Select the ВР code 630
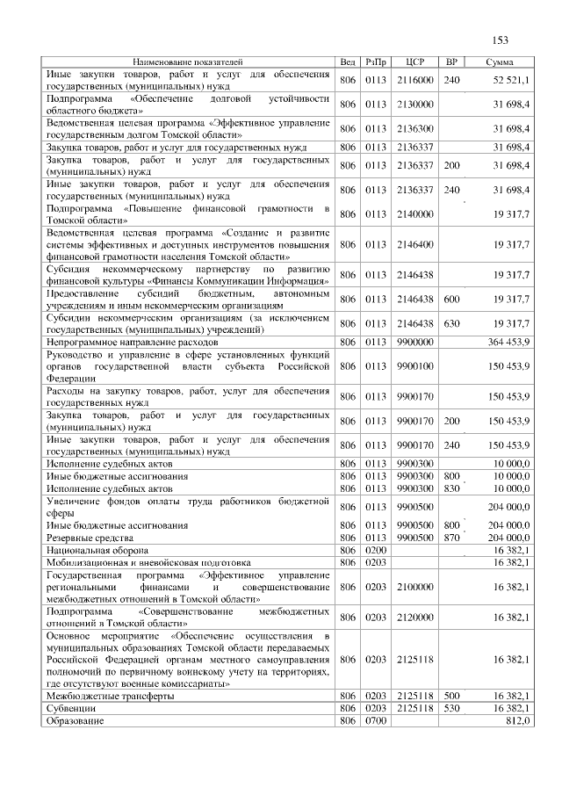pos(451,323)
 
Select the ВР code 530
pos(451,708)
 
